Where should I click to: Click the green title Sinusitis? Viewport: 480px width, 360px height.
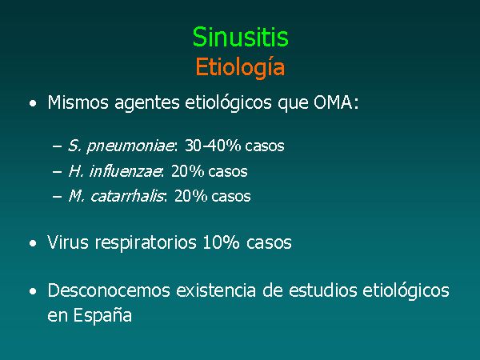pos(240,37)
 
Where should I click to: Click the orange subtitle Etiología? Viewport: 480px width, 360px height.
pos(240,67)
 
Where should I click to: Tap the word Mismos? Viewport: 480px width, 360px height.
pos(78,102)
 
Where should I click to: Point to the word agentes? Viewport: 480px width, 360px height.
pos(147,103)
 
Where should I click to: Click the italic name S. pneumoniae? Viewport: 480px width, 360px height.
pos(121,146)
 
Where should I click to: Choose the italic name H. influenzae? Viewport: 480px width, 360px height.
pos(114,171)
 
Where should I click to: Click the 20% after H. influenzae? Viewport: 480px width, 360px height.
pos(188,171)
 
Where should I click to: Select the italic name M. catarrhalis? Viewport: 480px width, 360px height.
pos(116,196)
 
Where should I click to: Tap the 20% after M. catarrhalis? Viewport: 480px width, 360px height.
pos(190,196)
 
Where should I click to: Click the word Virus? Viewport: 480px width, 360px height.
pos(68,242)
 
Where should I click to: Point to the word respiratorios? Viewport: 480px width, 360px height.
pos(146,244)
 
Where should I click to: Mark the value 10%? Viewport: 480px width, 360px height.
pos(221,242)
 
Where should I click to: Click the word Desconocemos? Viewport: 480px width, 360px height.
pos(109,290)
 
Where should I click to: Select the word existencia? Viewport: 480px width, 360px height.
pos(216,290)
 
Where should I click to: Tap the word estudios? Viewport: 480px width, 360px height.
pos(322,290)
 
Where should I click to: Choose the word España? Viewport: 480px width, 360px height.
pos(102,315)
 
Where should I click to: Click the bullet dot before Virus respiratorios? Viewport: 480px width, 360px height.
pos(33,244)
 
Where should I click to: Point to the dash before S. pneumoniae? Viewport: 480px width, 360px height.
pos(58,146)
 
